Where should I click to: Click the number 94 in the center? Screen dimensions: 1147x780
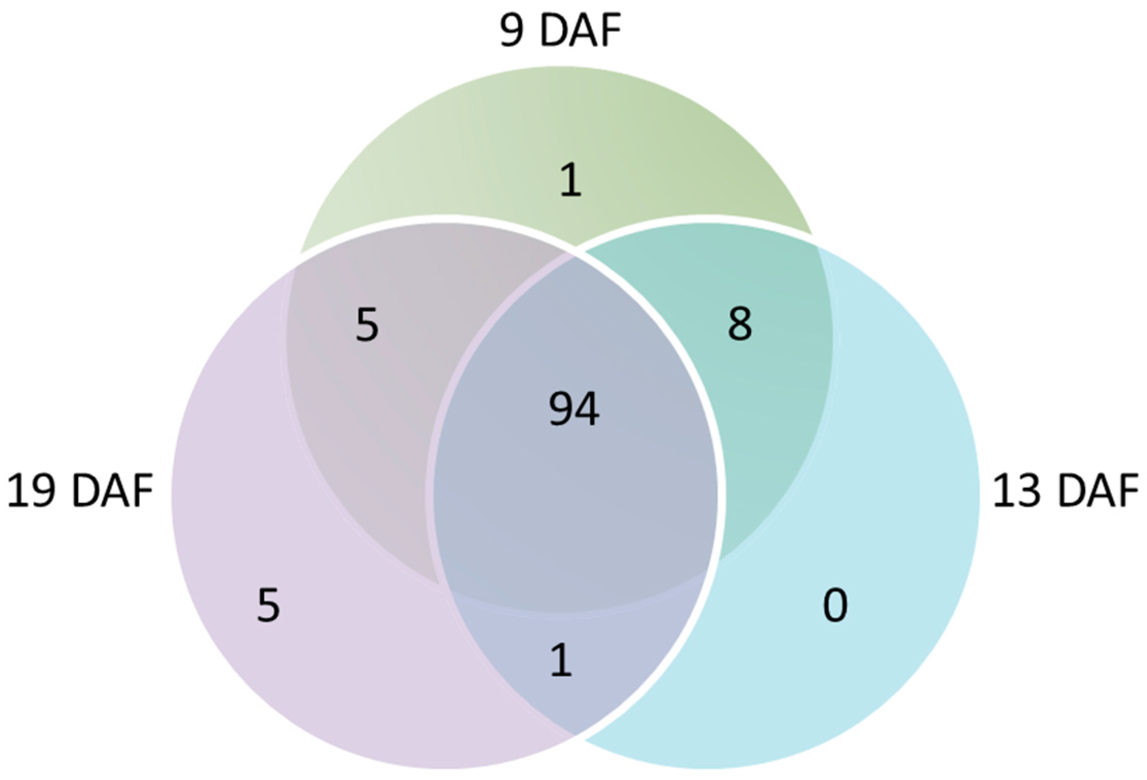(x=574, y=409)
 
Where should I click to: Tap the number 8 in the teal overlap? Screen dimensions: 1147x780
(x=740, y=324)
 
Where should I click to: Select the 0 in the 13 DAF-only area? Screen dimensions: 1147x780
(x=835, y=606)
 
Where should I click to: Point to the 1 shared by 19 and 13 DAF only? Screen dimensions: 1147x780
(x=561, y=661)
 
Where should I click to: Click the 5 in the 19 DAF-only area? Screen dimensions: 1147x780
(x=268, y=606)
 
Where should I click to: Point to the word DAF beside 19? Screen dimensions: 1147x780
(x=112, y=491)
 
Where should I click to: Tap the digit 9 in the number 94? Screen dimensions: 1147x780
(x=561, y=410)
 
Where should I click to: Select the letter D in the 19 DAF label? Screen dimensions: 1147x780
(x=86, y=491)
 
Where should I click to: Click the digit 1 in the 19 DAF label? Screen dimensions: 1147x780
(x=18, y=491)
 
